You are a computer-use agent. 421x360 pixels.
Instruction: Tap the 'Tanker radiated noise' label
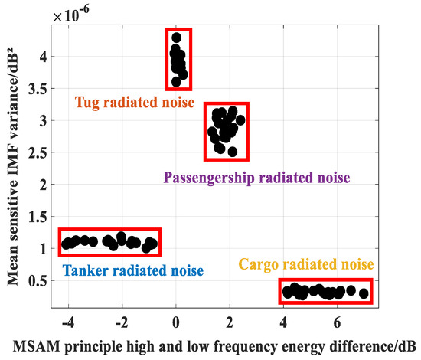point(132,270)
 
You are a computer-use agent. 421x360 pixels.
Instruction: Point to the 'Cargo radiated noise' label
point(305,264)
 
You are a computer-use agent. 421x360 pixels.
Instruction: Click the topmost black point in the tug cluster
point(177,37)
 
